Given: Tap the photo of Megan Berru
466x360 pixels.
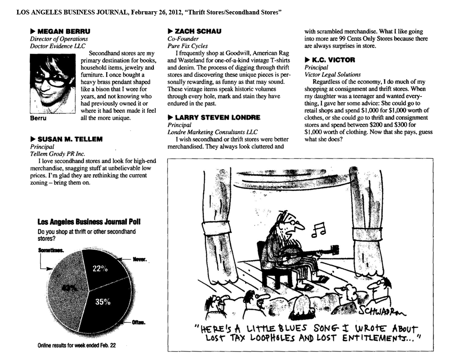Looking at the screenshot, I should click(52, 84).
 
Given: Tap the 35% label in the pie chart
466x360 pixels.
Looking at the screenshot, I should click(103, 301).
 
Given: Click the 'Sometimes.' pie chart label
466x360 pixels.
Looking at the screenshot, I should click(51, 250).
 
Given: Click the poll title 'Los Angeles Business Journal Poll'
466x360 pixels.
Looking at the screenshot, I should click(89, 222).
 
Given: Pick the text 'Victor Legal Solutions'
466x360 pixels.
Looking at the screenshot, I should click(332, 74).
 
